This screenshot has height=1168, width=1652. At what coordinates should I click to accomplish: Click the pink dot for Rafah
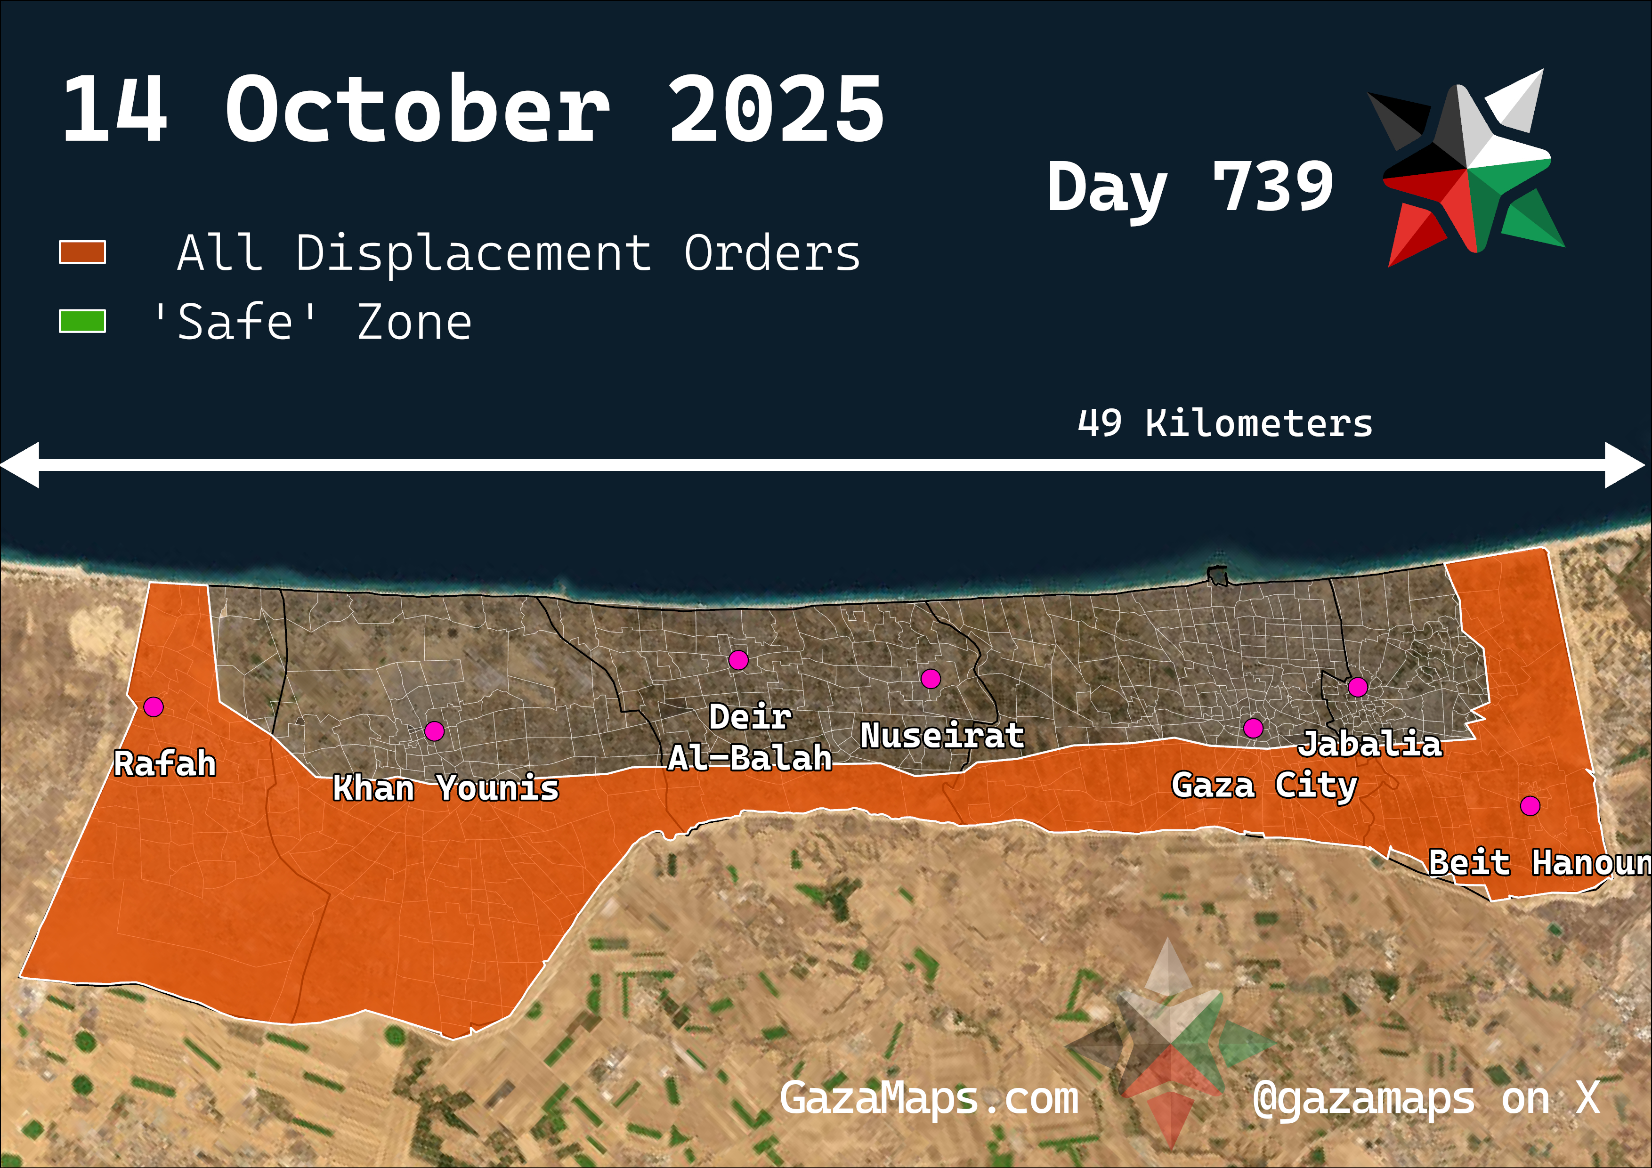153,707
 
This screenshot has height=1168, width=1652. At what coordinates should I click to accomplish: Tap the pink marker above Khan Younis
434,731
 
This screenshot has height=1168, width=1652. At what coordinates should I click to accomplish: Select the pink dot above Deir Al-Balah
738,660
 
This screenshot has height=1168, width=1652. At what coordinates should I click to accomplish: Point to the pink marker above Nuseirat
931,679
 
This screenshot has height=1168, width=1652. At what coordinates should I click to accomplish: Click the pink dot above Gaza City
1253,728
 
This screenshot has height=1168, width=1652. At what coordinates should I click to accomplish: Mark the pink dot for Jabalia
1358,687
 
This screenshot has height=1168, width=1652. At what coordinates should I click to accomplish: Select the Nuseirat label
942,736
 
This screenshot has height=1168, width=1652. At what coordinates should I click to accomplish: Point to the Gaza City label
1264,785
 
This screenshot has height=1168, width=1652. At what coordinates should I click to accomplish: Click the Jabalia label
1370,744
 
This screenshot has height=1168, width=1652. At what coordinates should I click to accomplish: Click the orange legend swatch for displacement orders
82,252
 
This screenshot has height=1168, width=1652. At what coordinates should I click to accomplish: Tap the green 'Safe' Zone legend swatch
82,322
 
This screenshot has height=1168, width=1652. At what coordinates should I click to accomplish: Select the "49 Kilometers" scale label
1224,423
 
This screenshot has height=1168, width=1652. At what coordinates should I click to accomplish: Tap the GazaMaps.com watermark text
929,1099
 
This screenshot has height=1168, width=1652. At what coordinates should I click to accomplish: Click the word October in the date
417,110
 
